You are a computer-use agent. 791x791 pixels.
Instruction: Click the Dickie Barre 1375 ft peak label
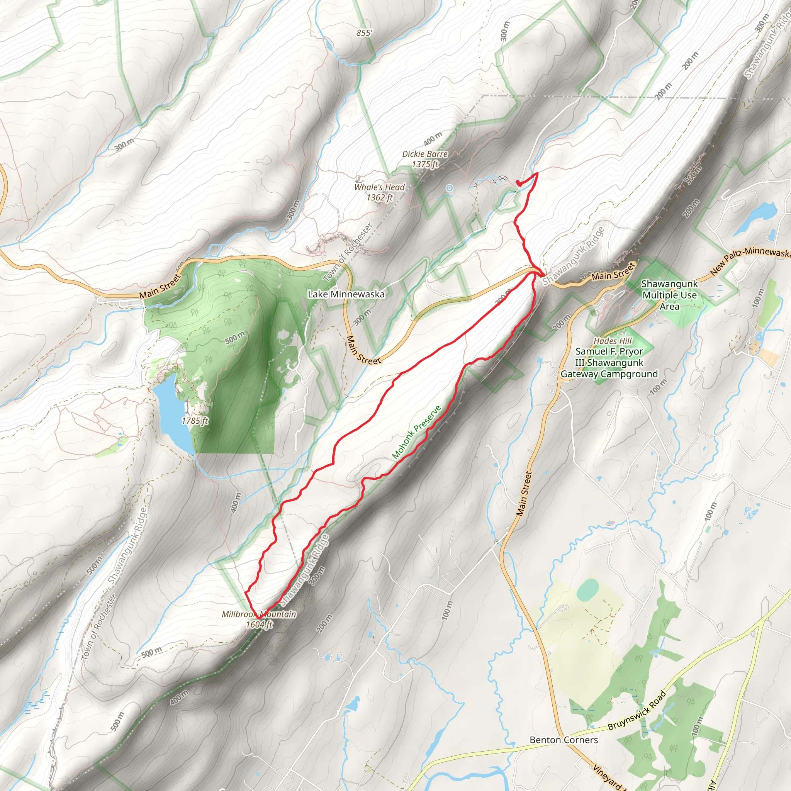coord(424,159)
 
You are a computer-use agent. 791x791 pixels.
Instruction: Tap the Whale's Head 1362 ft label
coord(379,192)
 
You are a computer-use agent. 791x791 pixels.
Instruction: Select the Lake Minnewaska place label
coord(346,294)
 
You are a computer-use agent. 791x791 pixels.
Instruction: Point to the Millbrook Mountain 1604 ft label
coord(259,619)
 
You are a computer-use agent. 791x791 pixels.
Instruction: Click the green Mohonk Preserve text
coord(416,432)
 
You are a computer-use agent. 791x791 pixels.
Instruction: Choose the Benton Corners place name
coord(564,740)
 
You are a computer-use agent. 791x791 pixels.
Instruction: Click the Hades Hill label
coord(613,341)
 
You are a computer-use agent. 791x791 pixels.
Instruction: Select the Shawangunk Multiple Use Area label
coord(669,295)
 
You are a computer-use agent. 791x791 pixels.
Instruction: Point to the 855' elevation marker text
coord(364,33)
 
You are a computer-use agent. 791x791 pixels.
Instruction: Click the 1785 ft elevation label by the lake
coord(195,421)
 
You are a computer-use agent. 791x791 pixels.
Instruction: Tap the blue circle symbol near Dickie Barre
coord(450,188)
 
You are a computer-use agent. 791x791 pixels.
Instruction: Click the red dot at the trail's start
coord(518,182)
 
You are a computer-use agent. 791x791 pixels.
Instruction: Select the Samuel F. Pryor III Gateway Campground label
coord(609,362)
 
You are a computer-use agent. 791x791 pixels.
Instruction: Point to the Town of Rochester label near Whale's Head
coord(348,252)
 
